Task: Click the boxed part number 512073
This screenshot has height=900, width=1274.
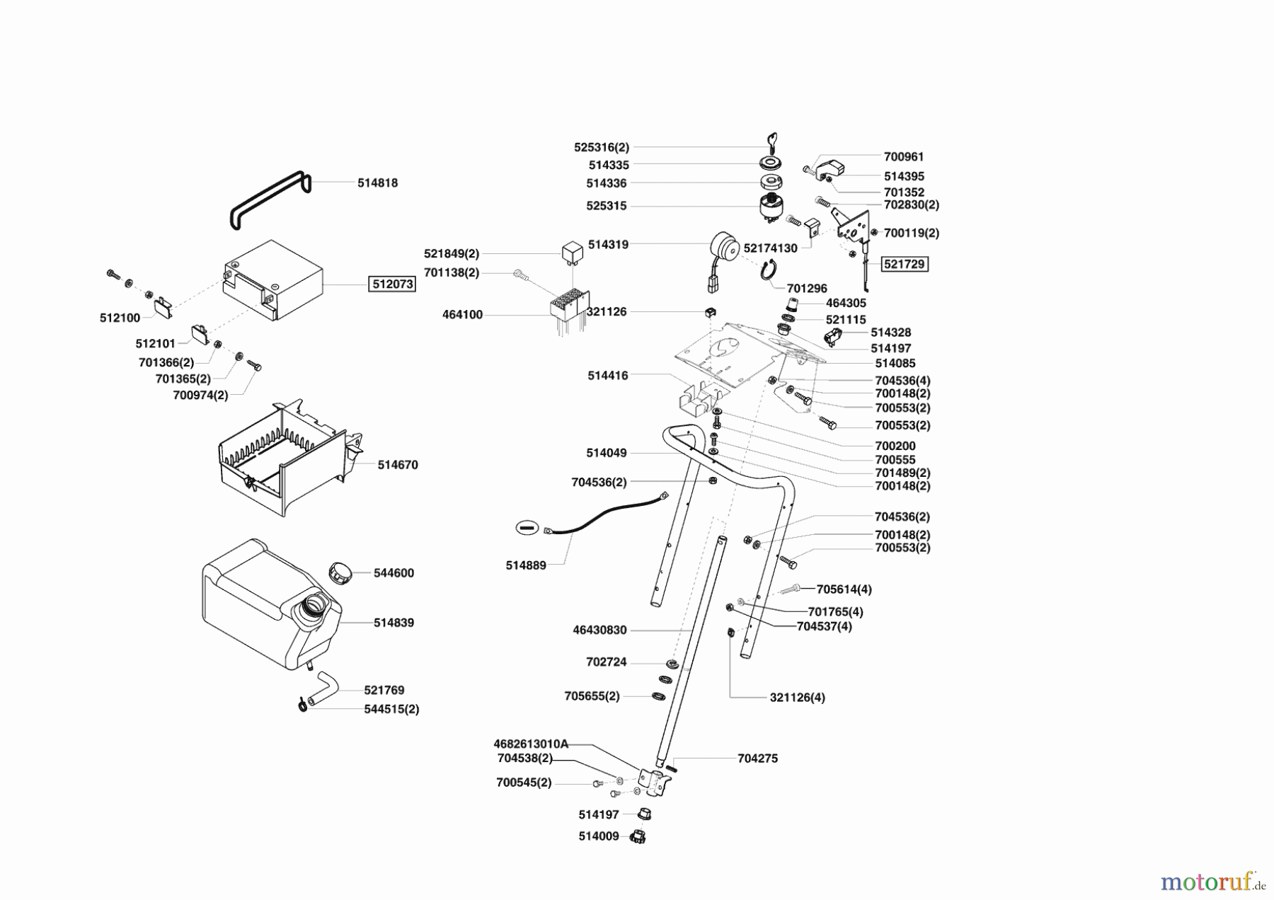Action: (392, 284)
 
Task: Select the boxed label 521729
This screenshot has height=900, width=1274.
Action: (904, 264)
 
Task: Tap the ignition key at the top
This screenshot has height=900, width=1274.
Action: (772, 139)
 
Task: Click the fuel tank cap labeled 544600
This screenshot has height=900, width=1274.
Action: (341, 572)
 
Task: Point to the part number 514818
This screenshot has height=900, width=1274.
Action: (377, 183)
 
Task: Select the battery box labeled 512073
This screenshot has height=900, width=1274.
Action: (272, 281)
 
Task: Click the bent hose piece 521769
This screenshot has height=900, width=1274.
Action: (326, 683)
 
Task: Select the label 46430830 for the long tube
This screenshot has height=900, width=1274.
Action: (599, 630)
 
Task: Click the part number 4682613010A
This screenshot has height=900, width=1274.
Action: (531, 744)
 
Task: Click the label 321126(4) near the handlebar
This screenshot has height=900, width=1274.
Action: (797, 697)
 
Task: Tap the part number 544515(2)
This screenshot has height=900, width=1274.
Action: (391, 709)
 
